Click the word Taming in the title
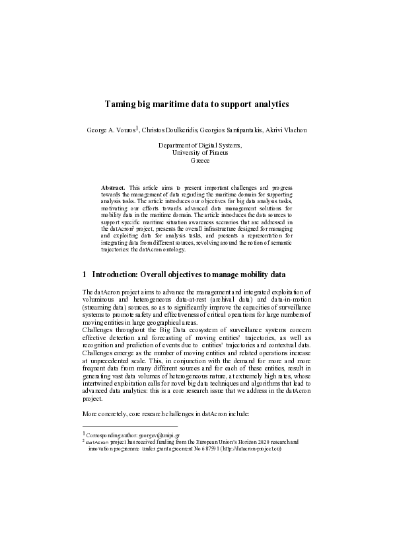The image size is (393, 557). [121, 105]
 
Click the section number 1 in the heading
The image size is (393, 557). [85, 274]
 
